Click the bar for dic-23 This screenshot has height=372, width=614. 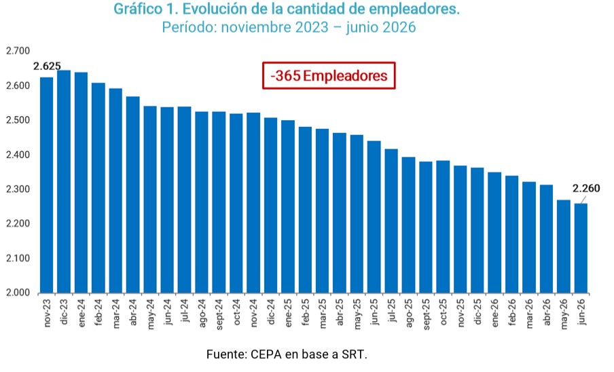(x=64, y=181)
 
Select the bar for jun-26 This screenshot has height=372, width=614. (x=581, y=248)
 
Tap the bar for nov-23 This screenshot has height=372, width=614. (x=47, y=185)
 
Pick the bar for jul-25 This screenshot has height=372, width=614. (x=391, y=221)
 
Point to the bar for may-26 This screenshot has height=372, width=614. (x=564, y=246)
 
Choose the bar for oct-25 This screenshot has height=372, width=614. (x=443, y=227)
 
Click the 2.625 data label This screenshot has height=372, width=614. (x=47, y=67)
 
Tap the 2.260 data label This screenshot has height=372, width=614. (x=586, y=189)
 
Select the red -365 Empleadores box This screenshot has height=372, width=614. (x=329, y=75)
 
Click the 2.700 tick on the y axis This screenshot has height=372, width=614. (x=18, y=51)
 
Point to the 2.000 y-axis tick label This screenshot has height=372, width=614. (x=18, y=293)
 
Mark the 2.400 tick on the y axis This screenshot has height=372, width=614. (x=18, y=155)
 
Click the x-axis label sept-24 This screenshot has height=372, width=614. (x=219, y=314)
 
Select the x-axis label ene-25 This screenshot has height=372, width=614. (x=288, y=313)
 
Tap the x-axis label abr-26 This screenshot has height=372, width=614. (x=547, y=312)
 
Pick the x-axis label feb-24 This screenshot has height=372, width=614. (x=98, y=312)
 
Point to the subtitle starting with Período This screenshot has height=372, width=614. (x=289, y=27)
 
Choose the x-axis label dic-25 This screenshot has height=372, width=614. (x=477, y=312)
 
